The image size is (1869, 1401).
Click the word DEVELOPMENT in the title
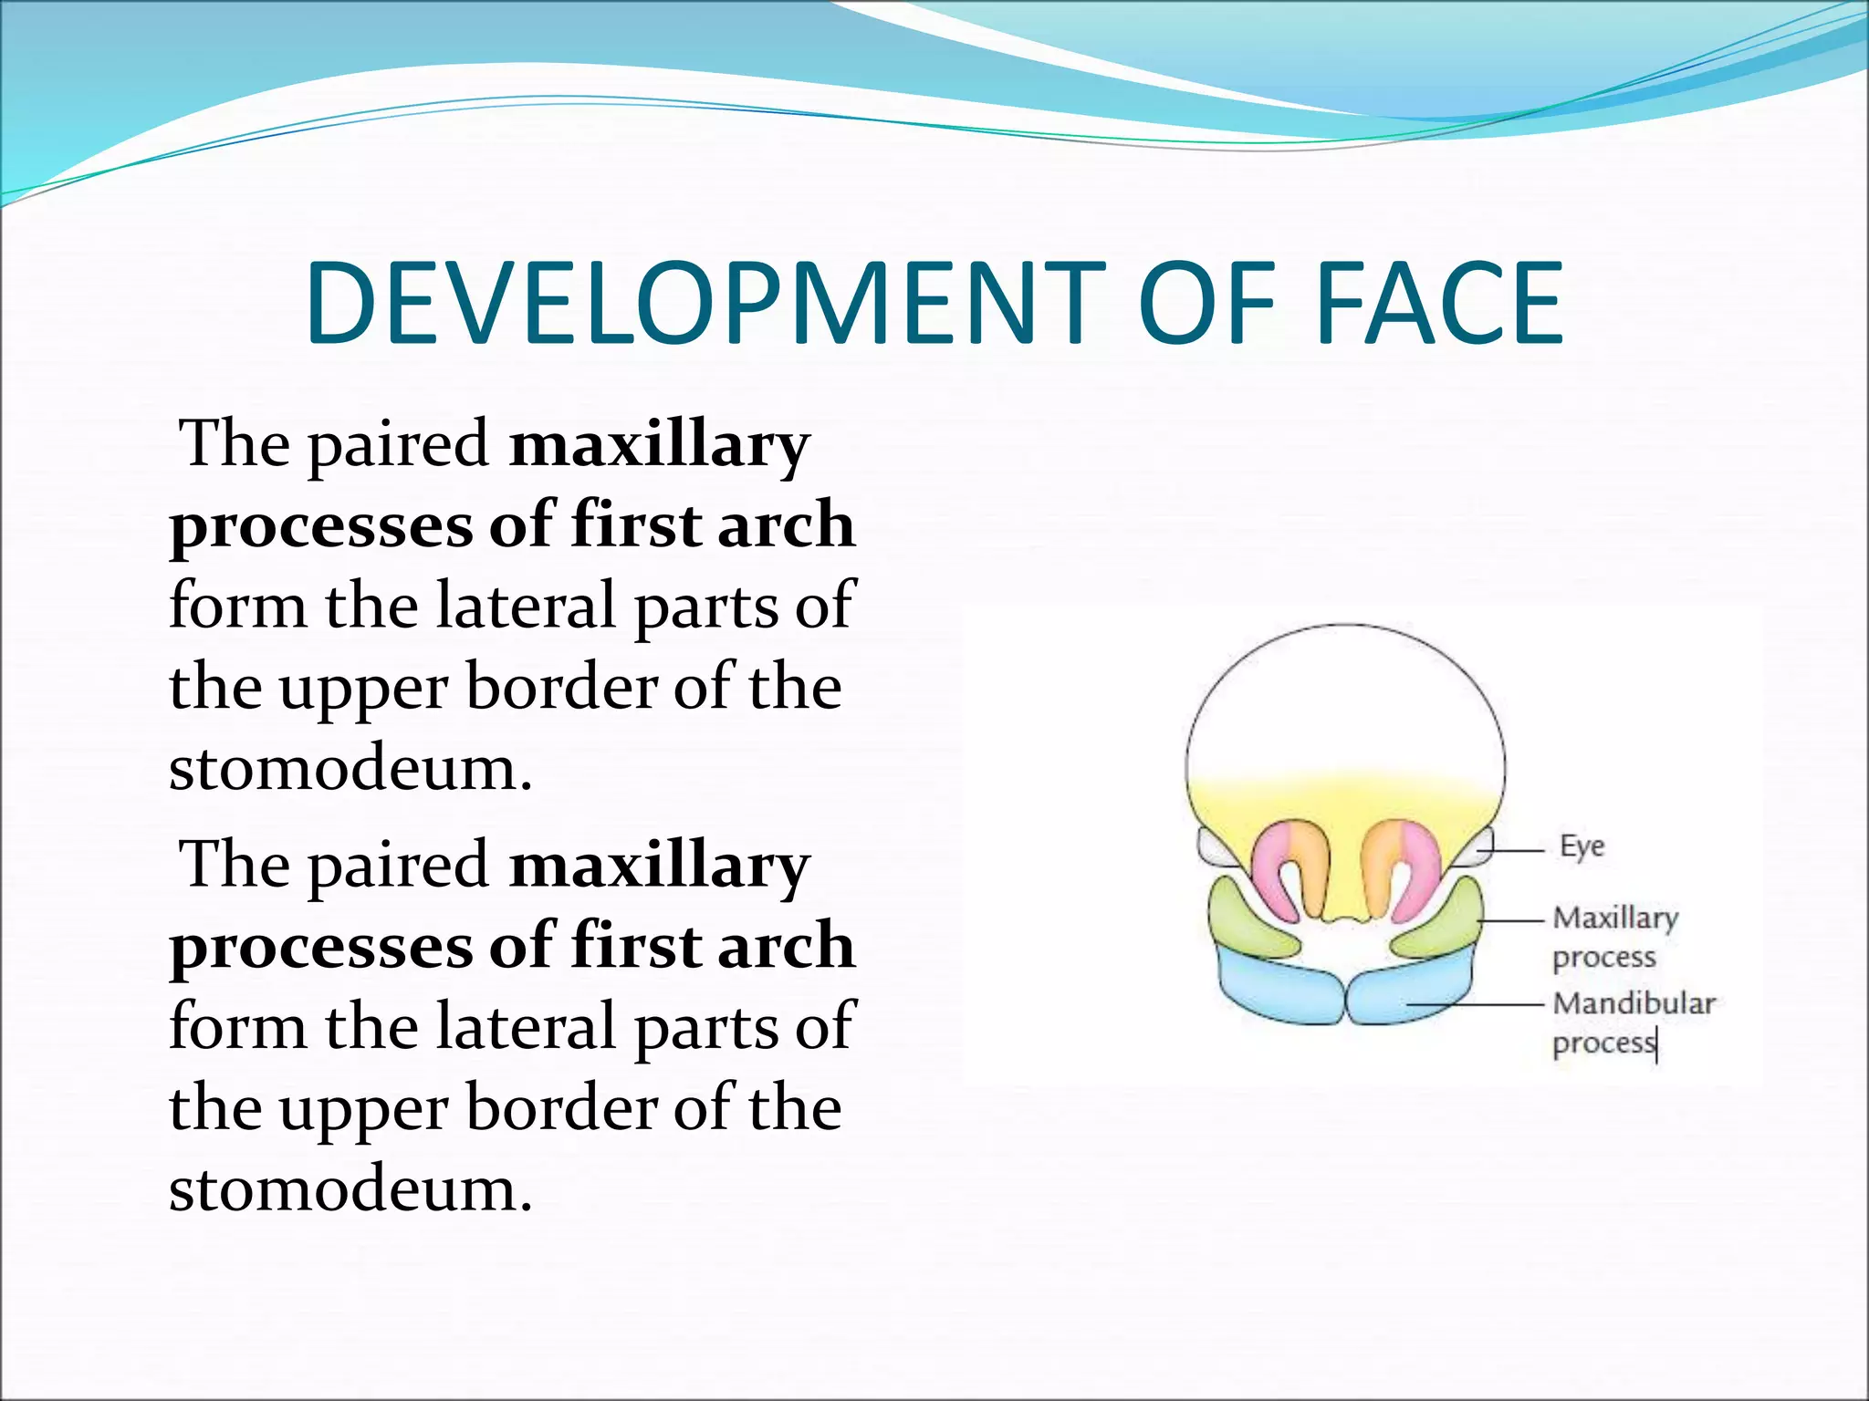pyautogui.click(x=703, y=304)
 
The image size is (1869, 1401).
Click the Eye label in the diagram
pyautogui.click(x=1582, y=846)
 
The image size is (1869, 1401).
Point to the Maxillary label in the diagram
pyautogui.click(x=1615, y=918)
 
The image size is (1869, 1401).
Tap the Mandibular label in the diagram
pyautogui.click(x=1634, y=1003)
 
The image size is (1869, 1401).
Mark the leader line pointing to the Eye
pyautogui.click(x=1510, y=849)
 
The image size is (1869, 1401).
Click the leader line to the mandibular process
pyautogui.click(x=1478, y=1003)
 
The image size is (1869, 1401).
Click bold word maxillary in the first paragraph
pyautogui.click(x=659, y=445)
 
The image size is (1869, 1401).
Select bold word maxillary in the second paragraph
pyautogui.click(x=659, y=866)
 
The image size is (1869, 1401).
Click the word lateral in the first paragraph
pyautogui.click(x=527, y=606)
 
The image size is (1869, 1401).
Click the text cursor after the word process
pyautogui.click(x=1656, y=1044)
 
